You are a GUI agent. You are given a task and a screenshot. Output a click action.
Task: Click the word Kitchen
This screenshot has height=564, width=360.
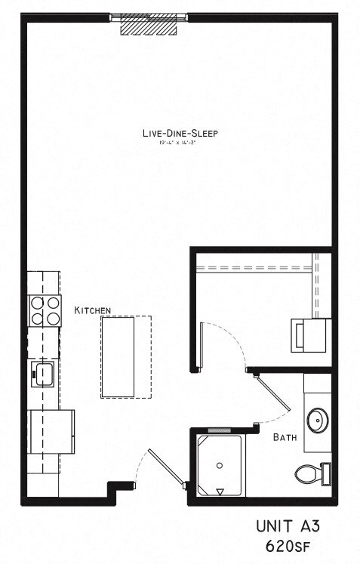[93, 310]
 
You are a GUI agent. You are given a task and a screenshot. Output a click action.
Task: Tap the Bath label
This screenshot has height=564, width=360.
[284, 436]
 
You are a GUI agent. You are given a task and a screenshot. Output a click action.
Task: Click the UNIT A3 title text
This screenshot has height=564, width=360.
[293, 525]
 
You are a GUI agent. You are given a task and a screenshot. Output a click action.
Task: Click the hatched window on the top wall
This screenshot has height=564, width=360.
[149, 25]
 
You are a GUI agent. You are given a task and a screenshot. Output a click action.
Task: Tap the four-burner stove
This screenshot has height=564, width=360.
[45, 310]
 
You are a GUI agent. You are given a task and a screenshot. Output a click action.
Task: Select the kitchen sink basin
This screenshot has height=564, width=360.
[43, 371]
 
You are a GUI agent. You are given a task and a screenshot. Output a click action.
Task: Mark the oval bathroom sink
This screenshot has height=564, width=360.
[316, 419]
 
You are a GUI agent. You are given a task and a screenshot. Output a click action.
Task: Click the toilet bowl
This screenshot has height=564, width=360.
[306, 474]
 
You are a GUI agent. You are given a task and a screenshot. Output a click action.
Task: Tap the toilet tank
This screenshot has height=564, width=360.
[325, 473]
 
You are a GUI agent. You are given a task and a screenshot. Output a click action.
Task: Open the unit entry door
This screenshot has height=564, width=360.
[165, 468]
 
